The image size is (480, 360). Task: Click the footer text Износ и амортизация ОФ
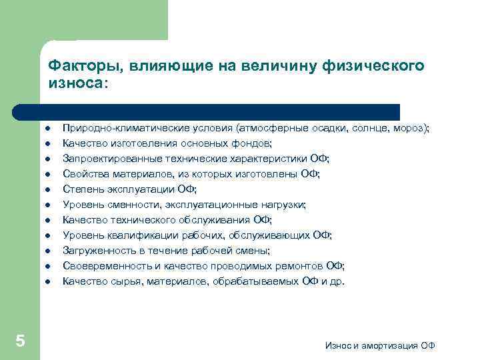pyautogui.click(x=380, y=345)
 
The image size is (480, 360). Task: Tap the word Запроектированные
pyautogui.click(x=103, y=159)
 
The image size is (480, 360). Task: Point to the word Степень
pyautogui.click(x=81, y=189)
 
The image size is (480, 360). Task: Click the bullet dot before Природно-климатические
pyautogui.click(x=48, y=129)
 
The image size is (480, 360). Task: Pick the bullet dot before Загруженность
pyautogui.click(x=48, y=251)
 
